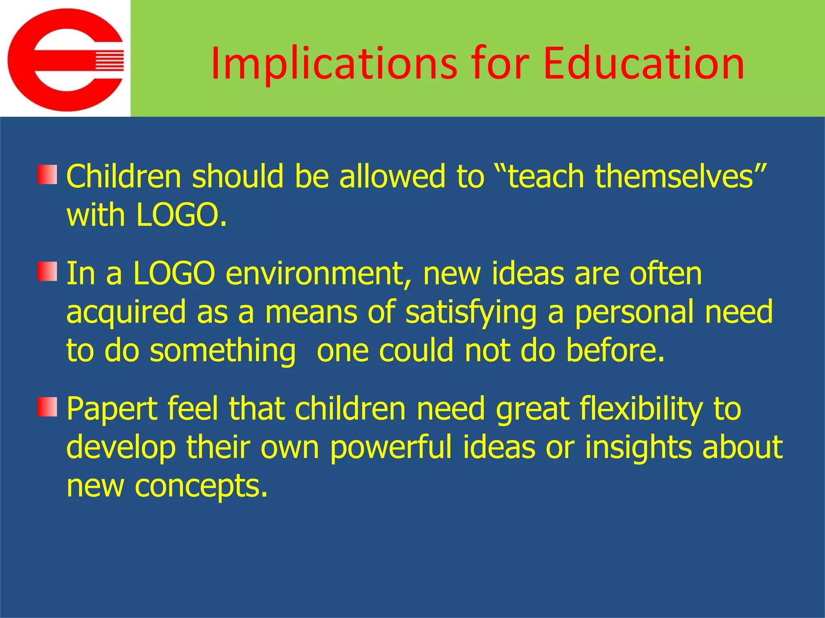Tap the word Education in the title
click(x=643, y=64)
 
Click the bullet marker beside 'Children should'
click(x=47, y=175)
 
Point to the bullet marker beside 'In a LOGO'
click(x=47, y=271)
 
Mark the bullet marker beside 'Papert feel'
click(x=47, y=407)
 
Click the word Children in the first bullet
click(x=124, y=177)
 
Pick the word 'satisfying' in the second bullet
click(x=471, y=313)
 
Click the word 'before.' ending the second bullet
click(x=615, y=350)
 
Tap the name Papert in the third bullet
click(x=112, y=409)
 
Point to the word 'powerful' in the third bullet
click(x=391, y=448)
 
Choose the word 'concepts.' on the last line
click(x=201, y=486)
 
